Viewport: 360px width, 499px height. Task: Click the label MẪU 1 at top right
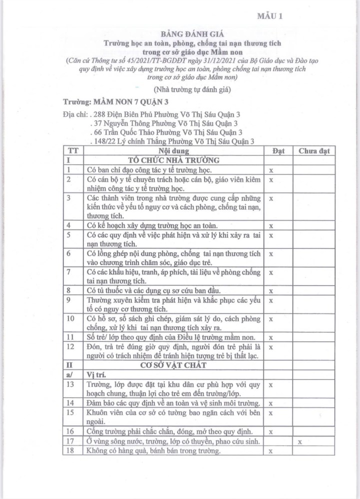coord(270,16)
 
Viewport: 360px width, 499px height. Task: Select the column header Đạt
coord(278,151)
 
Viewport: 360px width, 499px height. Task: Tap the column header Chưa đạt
coord(314,151)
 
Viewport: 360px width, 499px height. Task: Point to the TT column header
coord(73,151)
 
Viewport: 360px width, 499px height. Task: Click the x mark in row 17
coord(300,442)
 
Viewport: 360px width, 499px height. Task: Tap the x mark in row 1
coord(271,170)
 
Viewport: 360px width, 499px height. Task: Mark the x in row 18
coord(271,452)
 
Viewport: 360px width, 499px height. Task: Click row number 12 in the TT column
coord(70,346)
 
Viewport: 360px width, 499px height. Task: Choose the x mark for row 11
coord(271,337)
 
